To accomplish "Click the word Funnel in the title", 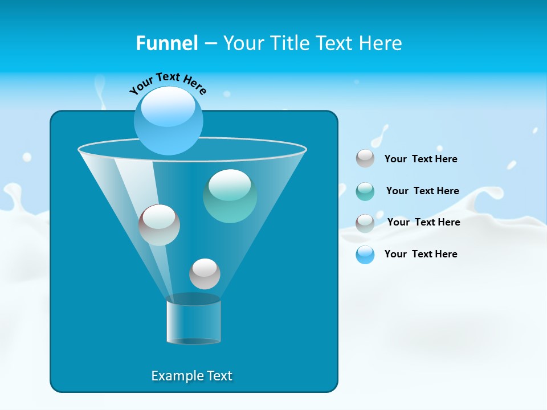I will point(166,43).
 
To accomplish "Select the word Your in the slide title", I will point(244,43).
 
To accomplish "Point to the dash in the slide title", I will point(210,44).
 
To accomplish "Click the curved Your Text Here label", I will point(168,83).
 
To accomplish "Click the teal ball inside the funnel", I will point(230,195).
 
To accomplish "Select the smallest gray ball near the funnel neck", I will point(205,274).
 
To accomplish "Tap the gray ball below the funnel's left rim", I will point(159,225).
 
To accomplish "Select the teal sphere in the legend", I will point(365,191).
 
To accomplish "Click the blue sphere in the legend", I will point(365,255).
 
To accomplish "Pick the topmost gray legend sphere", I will point(365,158).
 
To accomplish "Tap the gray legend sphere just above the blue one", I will point(365,223).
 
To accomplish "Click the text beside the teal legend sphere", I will point(422,191).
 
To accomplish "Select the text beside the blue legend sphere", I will point(421,254).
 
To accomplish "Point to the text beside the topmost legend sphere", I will point(421,159).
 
